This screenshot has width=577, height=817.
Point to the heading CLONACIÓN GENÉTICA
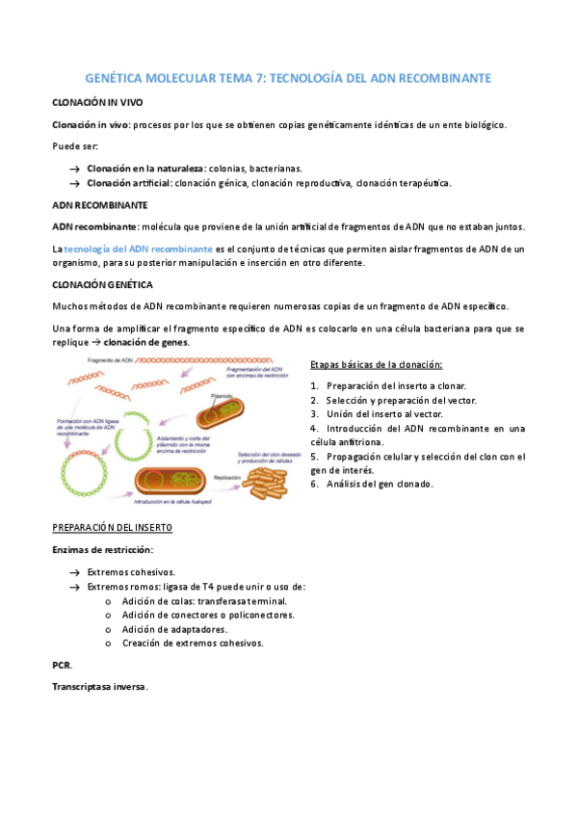pos(101,284)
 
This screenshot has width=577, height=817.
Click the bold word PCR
pos(61,665)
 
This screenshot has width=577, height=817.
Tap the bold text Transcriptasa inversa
pos(99,687)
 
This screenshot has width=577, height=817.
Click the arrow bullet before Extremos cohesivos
pos(74,572)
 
